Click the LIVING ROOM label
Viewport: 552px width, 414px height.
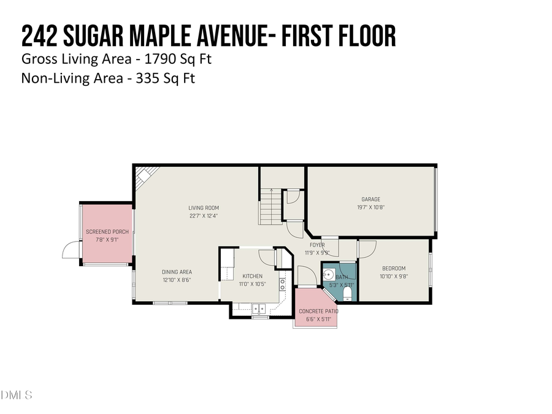[x=203, y=208]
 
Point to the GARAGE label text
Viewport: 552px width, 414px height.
[x=370, y=199]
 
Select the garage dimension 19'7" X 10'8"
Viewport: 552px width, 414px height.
[x=370, y=207]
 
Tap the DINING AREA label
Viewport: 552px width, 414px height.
[x=177, y=272]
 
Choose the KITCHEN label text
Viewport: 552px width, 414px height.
[x=252, y=276]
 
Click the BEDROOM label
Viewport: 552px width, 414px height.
[x=394, y=269]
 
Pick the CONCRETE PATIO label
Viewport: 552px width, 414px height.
[x=318, y=312]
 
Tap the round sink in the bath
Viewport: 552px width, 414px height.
[x=328, y=274]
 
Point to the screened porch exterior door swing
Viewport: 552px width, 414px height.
[x=71, y=250]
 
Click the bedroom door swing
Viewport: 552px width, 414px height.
[x=367, y=248]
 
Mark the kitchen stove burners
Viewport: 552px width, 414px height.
[x=282, y=283]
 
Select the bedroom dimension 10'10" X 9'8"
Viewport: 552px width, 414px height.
[x=394, y=277]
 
